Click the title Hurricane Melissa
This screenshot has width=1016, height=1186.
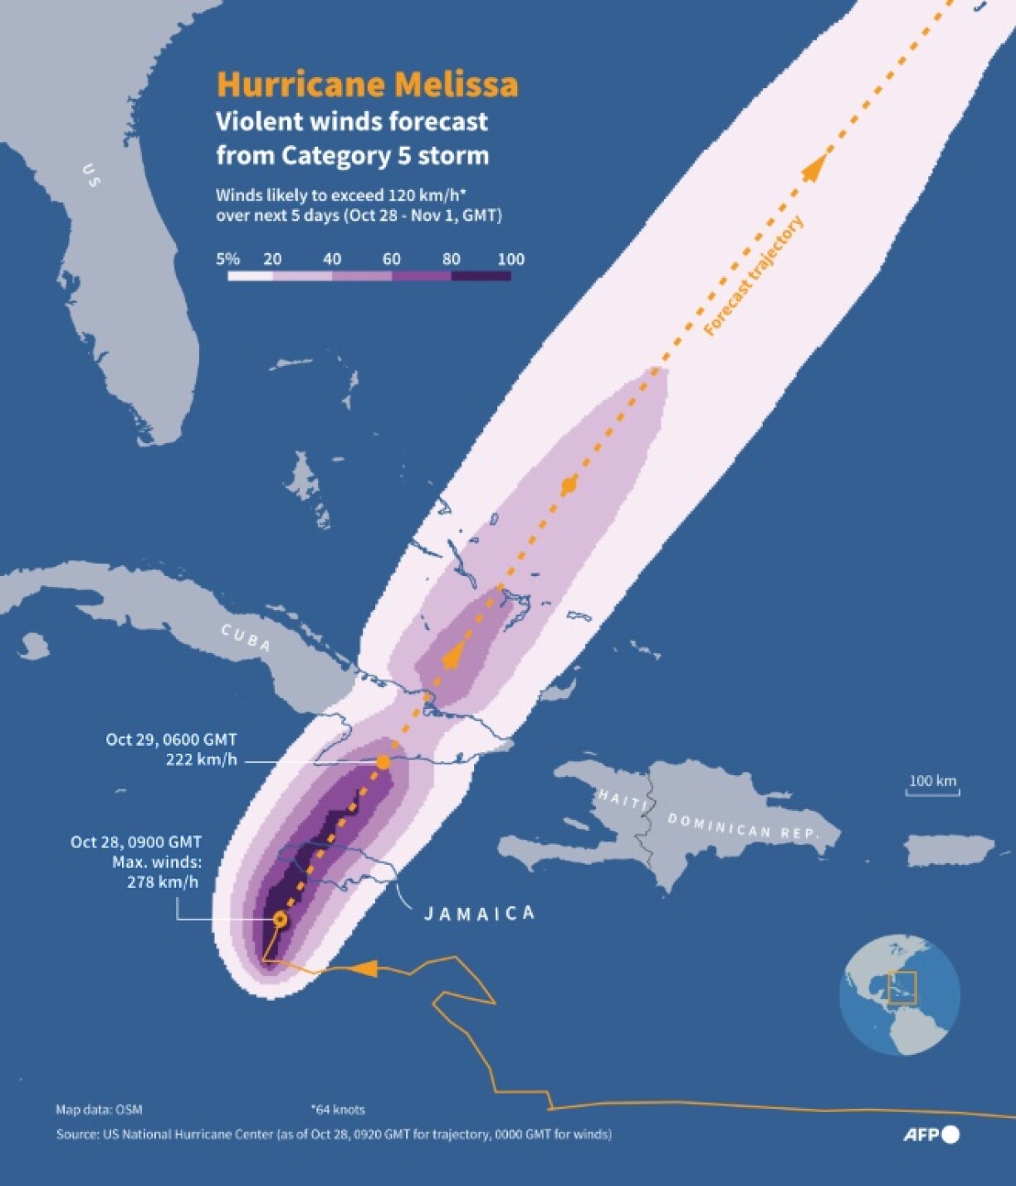point(367,85)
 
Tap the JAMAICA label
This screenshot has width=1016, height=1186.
point(480,914)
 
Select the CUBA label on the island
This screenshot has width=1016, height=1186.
point(246,637)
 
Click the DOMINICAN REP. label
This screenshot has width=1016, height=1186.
point(744,826)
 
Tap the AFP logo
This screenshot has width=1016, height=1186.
point(931,1135)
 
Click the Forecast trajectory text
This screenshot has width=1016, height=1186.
point(754,276)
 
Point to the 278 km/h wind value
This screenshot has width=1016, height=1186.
point(163,882)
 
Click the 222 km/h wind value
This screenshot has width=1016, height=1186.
point(201,759)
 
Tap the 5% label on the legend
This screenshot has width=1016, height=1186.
point(227,259)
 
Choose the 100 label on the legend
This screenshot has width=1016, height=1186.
point(510,259)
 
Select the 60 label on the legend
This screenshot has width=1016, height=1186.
point(392,259)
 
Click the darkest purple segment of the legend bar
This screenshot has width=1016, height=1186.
point(481,276)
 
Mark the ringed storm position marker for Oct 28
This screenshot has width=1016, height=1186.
point(280,919)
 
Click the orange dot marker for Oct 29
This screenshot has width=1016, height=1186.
point(383,761)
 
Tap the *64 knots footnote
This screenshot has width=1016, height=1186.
point(338,1109)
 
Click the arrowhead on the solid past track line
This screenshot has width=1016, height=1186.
point(366,968)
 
